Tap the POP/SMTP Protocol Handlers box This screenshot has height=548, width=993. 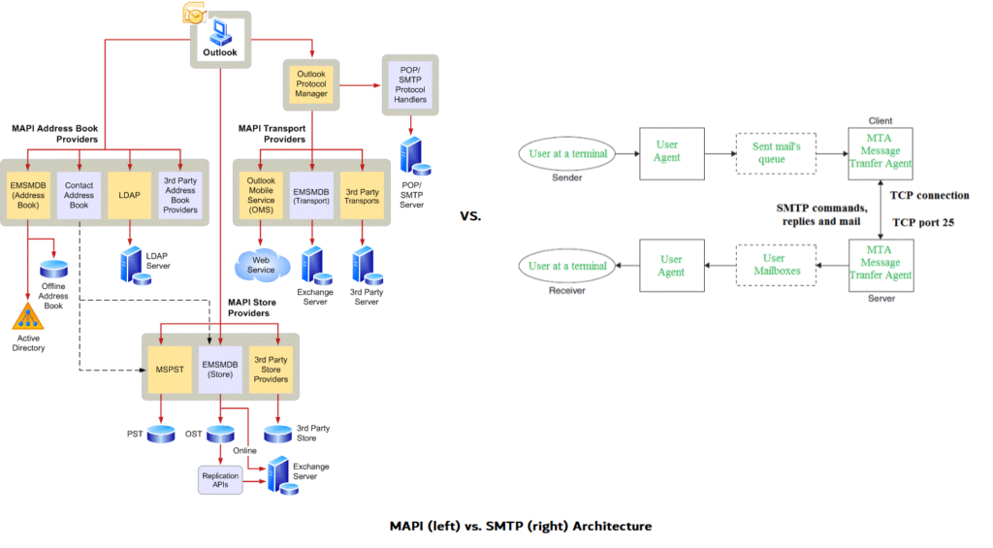click(x=409, y=86)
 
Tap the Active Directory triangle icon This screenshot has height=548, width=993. click(x=28, y=316)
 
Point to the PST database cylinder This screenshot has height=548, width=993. click(x=159, y=434)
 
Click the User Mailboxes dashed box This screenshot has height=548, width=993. click(x=774, y=265)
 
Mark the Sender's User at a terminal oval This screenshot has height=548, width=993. click(x=567, y=153)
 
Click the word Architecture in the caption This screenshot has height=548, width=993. click(x=612, y=526)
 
